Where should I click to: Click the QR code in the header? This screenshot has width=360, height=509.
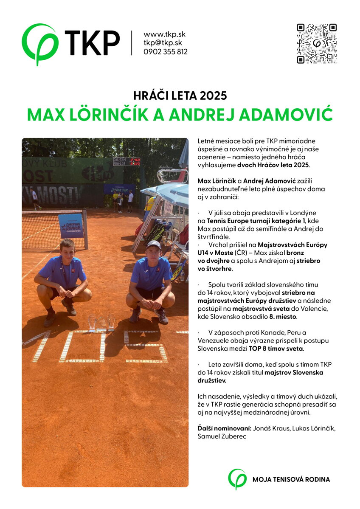(x=316, y=44)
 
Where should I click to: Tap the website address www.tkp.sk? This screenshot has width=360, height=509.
(x=164, y=34)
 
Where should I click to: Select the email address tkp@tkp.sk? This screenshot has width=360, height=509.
(x=163, y=43)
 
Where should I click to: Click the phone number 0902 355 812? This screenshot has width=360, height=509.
(x=165, y=52)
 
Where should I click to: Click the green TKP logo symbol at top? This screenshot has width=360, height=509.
(x=39, y=43)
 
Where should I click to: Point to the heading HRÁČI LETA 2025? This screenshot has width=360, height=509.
(x=180, y=95)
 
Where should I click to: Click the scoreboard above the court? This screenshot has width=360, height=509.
(x=126, y=162)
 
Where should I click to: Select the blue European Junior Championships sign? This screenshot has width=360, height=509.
(x=70, y=226)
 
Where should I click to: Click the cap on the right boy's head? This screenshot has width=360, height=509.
(x=153, y=245)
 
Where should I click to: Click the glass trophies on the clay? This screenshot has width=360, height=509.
(x=101, y=323)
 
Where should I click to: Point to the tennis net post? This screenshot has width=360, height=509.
(x=85, y=229)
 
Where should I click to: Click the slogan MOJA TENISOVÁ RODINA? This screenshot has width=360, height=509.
(x=291, y=480)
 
